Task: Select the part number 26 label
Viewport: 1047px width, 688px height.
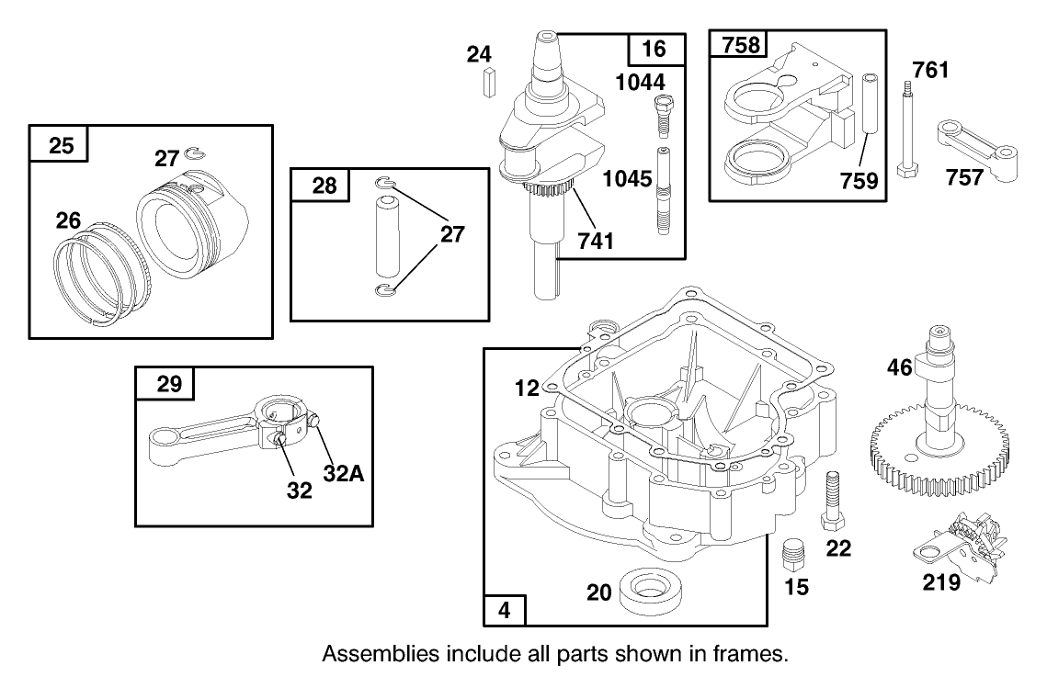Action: click(x=69, y=221)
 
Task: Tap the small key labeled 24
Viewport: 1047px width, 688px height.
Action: click(x=487, y=81)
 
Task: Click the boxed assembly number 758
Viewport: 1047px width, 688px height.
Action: click(x=742, y=47)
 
